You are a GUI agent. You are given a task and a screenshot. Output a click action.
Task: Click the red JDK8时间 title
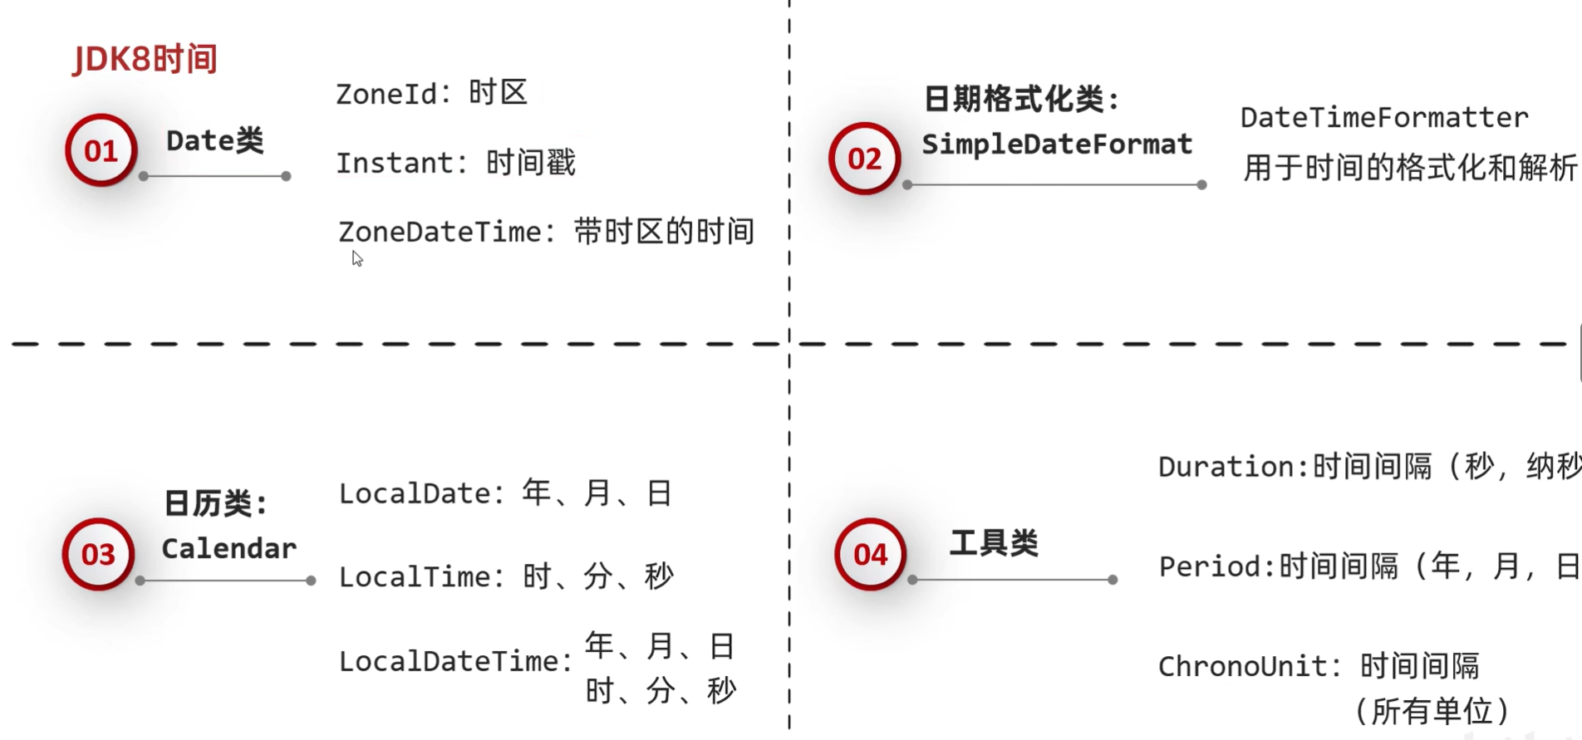click(145, 60)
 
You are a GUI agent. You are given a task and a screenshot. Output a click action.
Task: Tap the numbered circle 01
click(101, 150)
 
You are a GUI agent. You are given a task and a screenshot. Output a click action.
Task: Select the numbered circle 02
click(864, 158)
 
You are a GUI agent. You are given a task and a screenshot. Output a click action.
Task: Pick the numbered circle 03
click(98, 554)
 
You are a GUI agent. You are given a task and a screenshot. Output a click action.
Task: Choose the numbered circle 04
click(870, 554)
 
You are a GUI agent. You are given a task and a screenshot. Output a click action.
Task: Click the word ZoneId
click(386, 94)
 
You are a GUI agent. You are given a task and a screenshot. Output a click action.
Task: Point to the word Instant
click(395, 163)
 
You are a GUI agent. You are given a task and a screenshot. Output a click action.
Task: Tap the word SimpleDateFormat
click(1057, 145)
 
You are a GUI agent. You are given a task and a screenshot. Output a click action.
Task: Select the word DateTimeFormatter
click(1384, 117)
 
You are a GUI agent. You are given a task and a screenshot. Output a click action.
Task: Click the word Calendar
click(229, 548)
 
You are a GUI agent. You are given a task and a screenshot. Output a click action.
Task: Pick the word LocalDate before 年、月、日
click(415, 493)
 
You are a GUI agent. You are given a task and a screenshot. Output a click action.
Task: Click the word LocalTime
click(415, 576)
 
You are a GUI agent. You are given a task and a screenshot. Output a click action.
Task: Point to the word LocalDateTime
click(450, 662)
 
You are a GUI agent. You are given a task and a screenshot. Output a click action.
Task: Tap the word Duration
click(1226, 467)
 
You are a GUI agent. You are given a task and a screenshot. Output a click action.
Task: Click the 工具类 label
click(994, 543)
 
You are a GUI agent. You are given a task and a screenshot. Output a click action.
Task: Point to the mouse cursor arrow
click(357, 258)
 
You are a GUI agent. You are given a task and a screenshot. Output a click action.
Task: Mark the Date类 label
click(214, 140)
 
